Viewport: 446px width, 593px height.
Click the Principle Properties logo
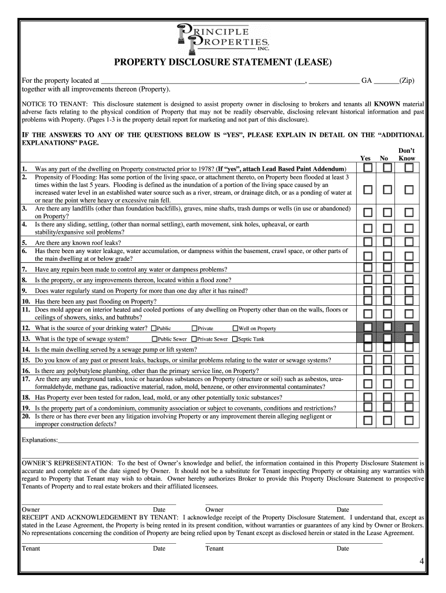tap(223, 36)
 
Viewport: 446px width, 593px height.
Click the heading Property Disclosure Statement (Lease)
tap(222, 62)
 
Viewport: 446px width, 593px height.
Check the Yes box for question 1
tap(368, 168)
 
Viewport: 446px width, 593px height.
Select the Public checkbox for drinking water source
tap(153, 328)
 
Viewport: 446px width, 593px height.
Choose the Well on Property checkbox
tap(235, 328)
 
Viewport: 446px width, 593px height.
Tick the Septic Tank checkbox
tap(235, 339)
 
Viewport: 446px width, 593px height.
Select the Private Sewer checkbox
tap(194, 339)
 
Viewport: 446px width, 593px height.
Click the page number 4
tap(422, 562)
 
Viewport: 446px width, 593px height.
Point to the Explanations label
tap(39, 440)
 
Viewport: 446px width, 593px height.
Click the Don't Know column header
tap(407, 154)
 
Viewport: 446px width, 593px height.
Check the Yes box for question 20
tap(368, 420)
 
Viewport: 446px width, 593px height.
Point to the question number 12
tap(26, 328)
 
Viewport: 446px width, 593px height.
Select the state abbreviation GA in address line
tap(367, 81)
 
